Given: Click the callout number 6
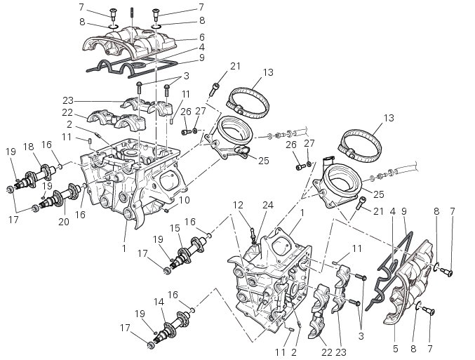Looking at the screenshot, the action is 202,37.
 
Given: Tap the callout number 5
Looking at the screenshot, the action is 395,349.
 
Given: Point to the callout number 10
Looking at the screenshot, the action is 185,200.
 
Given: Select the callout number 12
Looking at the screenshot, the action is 238,205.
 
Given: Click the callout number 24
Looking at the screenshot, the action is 268,205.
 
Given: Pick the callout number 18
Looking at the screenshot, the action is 29,147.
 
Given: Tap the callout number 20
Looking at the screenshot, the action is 64,222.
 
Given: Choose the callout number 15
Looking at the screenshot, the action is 175,228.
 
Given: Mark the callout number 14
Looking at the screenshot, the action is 159,302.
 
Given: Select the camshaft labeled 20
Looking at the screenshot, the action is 60,196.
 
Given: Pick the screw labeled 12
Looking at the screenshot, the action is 253,236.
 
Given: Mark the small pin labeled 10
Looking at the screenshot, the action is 166,211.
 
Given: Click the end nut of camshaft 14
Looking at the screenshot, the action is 150,345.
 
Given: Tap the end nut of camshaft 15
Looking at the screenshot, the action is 166,271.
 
